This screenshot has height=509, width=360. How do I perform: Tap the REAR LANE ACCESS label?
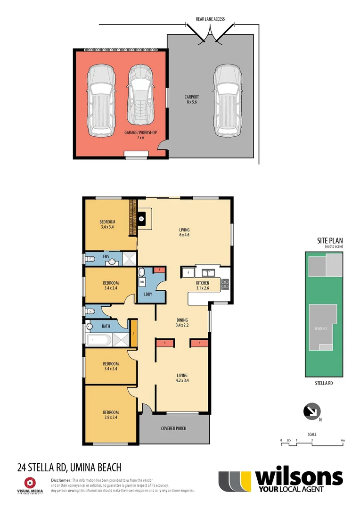point(210,19)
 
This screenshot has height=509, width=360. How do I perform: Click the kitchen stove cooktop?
point(225,284)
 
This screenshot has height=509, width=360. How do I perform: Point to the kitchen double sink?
point(208,272)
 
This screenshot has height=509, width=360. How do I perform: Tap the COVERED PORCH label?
point(174,428)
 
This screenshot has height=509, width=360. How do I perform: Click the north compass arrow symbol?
point(311,411)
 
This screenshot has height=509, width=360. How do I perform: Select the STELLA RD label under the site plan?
point(324,384)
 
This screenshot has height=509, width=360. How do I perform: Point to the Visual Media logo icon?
point(31,483)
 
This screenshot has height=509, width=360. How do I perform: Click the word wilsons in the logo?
point(299,478)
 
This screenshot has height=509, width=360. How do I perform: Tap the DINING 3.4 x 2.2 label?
point(182,322)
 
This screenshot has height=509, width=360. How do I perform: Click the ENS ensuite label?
point(106,257)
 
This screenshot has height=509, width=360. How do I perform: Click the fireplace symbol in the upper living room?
point(141,219)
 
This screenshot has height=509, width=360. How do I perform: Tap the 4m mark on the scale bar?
point(343,441)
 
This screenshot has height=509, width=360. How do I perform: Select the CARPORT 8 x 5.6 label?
point(192,99)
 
